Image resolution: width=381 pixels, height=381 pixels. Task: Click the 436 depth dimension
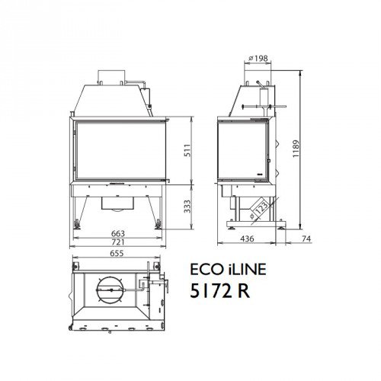point(248,239)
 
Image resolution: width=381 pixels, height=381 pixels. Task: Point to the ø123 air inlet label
point(261,207)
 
